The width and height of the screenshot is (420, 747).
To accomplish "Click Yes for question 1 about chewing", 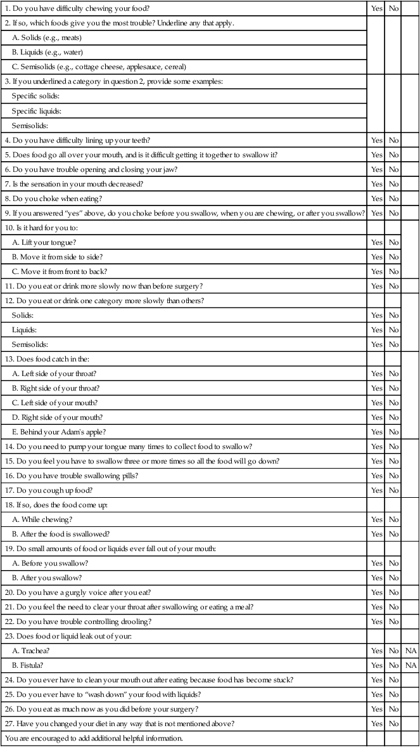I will [377, 9].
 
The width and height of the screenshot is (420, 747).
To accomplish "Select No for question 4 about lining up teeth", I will [393, 140].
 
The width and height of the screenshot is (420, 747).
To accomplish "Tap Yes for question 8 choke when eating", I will [377, 198].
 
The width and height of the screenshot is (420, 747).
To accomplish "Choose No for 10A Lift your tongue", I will [393, 242].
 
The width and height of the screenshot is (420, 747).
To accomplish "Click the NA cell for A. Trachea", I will [410, 651].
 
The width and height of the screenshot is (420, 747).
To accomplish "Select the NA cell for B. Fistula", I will [410, 665].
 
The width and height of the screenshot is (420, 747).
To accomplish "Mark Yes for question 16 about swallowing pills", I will [377, 476].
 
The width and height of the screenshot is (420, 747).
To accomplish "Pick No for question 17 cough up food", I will [393, 490].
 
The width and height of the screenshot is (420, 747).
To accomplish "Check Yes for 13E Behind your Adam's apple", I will [377, 432].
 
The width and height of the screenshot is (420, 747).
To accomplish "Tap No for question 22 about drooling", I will [393, 621].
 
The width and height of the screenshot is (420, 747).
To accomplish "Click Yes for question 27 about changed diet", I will [377, 724].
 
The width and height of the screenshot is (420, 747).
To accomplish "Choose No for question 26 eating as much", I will [393, 709].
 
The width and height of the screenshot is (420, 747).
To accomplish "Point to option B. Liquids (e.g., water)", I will [48, 52].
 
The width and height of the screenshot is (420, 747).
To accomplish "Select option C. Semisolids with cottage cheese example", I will [99, 67].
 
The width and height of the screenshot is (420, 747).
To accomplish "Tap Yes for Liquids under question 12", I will [377, 330].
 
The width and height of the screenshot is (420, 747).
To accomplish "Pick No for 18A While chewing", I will [393, 519].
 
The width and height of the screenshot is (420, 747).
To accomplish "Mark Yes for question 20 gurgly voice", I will [377, 592].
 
